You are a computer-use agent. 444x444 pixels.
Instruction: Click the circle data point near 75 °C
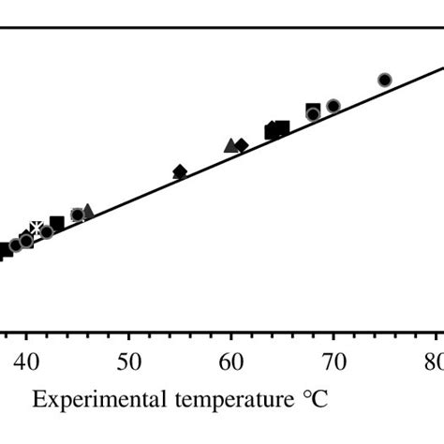384,80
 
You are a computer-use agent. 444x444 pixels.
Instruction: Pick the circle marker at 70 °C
333,106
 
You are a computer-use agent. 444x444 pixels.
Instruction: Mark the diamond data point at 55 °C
180,171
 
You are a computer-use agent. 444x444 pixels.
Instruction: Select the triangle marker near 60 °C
230,145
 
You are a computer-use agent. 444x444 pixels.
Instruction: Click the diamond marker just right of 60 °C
242,145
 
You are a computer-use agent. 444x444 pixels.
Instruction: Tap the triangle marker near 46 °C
87,212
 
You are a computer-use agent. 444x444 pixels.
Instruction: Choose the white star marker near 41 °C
37,228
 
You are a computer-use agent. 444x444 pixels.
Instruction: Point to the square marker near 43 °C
57,223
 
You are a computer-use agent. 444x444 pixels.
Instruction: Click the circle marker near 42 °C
47,231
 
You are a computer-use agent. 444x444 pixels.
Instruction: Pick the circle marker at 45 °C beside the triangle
78,215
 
